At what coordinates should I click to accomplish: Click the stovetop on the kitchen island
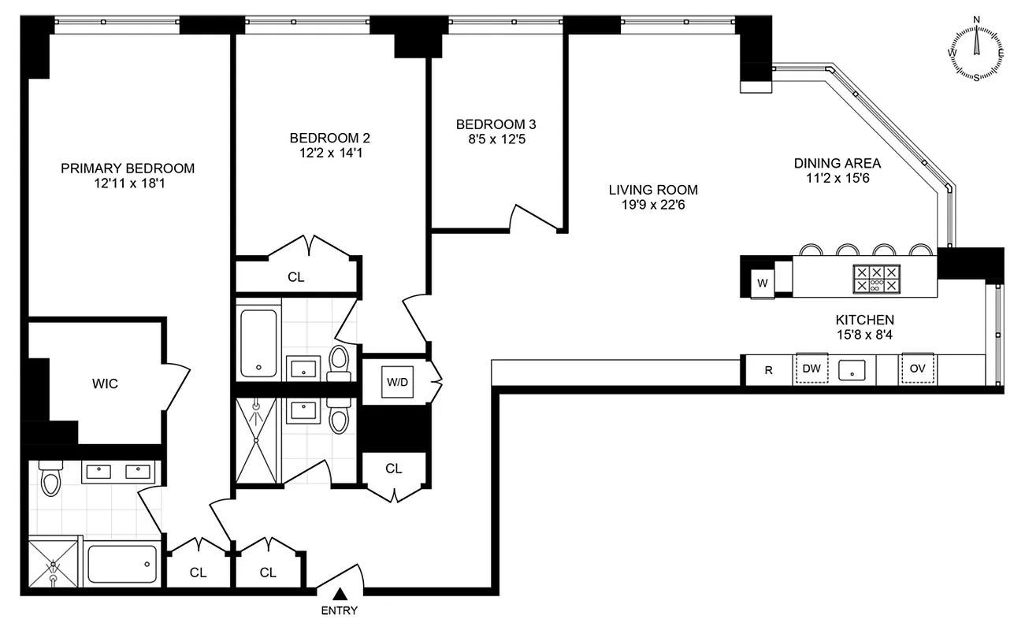coord(876,279)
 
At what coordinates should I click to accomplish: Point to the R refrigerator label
coord(769,370)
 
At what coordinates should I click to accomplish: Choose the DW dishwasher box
coord(811,369)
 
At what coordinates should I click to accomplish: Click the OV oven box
coord(918,369)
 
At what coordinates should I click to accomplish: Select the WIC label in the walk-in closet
coord(105,384)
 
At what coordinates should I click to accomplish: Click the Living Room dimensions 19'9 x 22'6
coord(653,205)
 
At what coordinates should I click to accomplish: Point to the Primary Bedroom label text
coord(128,168)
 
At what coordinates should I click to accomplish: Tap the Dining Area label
coord(837,163)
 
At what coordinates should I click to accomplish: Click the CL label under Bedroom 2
coord(295,277)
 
